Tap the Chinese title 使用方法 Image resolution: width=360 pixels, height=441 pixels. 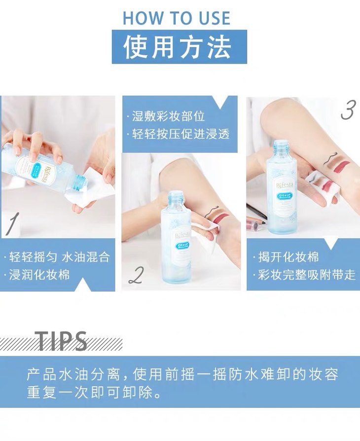(x=177, y=47)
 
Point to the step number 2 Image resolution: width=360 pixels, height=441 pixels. (x=136, y=275)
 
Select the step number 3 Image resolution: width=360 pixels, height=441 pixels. (x=348, y=110)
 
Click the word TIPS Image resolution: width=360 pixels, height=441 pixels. (x=61, y=341)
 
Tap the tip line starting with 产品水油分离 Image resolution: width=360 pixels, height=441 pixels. (x=182, y=374)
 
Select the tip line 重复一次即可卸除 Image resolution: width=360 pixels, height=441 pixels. (x=95, y=392)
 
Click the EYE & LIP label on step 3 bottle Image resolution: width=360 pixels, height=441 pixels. (x=283, y=196)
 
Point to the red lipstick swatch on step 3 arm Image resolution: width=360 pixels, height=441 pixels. (x=343, y=164)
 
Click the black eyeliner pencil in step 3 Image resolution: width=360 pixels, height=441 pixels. (x=256, y=211)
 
